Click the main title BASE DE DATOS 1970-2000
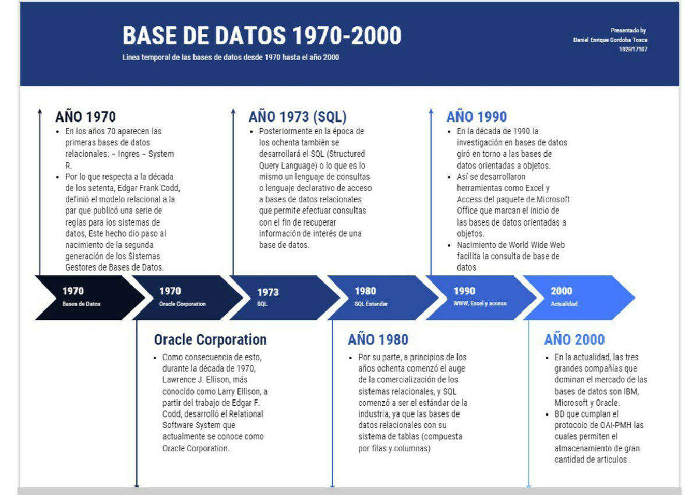pos(262,36)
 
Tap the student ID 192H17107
pos(633,50)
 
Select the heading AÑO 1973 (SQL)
pos(297,117)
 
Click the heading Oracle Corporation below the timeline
pos(210,340)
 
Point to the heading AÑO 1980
pos(377,340)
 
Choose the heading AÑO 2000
pos(574,340)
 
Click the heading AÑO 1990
pos(476,117)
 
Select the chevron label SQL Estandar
pos(371,304)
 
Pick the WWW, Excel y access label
pos(479,304)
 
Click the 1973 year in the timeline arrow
pos(267,292)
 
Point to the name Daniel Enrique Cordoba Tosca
pos(610,40)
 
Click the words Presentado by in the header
pos(628,30)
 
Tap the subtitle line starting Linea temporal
pos(230,58)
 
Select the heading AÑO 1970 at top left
pos(85,117)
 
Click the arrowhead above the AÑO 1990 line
pos(431,111)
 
